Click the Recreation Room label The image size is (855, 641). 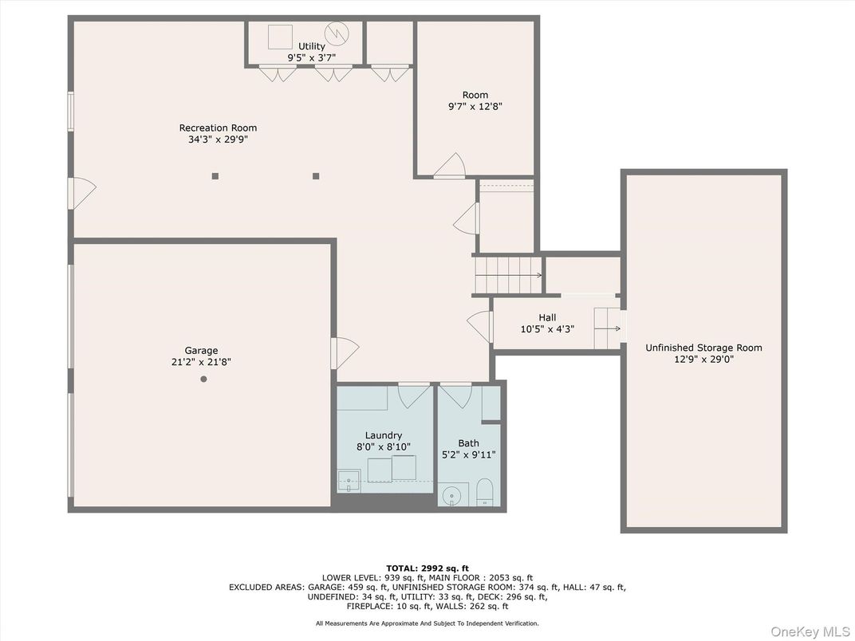[x=218, y=128]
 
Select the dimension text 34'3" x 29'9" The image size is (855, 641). [x=218, y=140]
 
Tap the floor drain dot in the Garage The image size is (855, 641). [x=203, y=379]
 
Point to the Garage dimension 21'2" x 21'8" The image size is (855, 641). [x=201, y=362]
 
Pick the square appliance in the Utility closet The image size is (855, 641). [x=280, y=37]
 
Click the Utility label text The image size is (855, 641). [x=311, y=46]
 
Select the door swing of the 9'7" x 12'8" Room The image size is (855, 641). [x=451, y=166]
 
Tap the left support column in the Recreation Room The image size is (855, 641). [x=215, y=176]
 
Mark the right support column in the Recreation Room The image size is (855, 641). [x=316, y=176]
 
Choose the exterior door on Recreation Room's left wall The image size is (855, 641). [x=81, y=193]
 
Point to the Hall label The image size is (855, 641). [x=547, y=317]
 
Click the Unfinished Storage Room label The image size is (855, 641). [x=703, y=348]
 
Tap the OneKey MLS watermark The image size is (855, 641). [x=809, y=631]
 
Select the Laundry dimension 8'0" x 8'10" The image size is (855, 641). [x=384, y=447]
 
